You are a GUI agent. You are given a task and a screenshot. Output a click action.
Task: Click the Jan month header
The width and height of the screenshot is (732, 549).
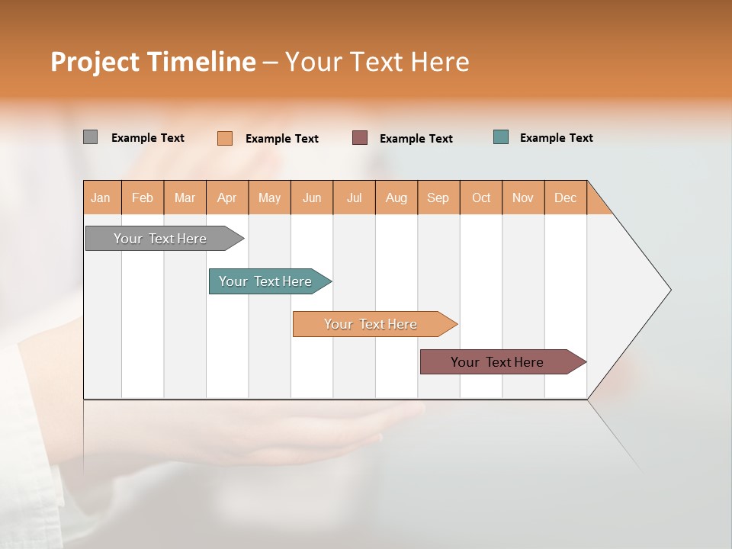[101, 197]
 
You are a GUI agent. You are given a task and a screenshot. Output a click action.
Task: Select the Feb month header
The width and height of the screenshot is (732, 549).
[143, 197]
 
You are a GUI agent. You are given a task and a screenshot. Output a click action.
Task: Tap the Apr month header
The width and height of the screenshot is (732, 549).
[226, 197]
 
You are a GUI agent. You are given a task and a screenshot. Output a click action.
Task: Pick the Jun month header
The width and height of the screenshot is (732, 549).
[312, 197]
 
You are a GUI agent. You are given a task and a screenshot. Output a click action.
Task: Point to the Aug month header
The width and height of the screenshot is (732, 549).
[396, 197]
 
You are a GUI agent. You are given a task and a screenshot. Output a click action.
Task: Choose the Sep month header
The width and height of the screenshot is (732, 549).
[438, 197]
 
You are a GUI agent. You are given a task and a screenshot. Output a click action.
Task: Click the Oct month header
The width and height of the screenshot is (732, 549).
[481, 197]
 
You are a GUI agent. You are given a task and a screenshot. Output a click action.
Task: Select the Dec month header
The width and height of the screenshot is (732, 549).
[565, 197]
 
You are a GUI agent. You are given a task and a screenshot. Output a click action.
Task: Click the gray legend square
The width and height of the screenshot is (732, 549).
[90, 137]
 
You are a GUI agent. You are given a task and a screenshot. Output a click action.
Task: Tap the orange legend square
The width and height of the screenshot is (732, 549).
[225, 138]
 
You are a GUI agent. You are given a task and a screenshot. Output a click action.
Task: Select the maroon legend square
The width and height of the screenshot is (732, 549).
[360, 137]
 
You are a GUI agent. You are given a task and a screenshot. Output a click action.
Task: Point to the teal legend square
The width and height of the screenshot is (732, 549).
[501, 137]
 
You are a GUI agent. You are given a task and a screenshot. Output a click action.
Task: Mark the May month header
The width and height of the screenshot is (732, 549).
[269, 197]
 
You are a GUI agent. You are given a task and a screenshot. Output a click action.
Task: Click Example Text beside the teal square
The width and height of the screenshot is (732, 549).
[556, 138]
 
